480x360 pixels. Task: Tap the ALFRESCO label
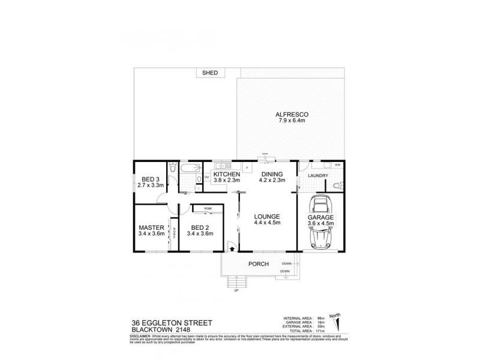click(x=291, y=113)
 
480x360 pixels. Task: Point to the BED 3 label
click(x=151, y=179)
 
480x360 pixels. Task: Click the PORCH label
click(x=259, y=264)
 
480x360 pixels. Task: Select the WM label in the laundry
click(x=337, y=164)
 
